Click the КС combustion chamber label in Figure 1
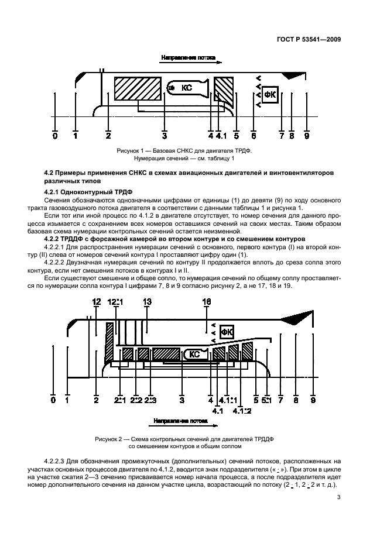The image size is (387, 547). coord(187,88)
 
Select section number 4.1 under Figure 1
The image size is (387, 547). coord(221,136)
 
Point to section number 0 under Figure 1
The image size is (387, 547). coord(55,136)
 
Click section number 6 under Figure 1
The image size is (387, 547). coord(254,136)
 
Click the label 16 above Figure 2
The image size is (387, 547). coord(207,301)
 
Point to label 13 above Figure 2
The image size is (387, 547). coord(147,301)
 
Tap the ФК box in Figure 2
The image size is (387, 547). coord(228,332)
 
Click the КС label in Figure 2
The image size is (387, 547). coord(195,354)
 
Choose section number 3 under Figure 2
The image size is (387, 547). coord(182,400)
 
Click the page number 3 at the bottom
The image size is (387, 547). coord(338,498)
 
